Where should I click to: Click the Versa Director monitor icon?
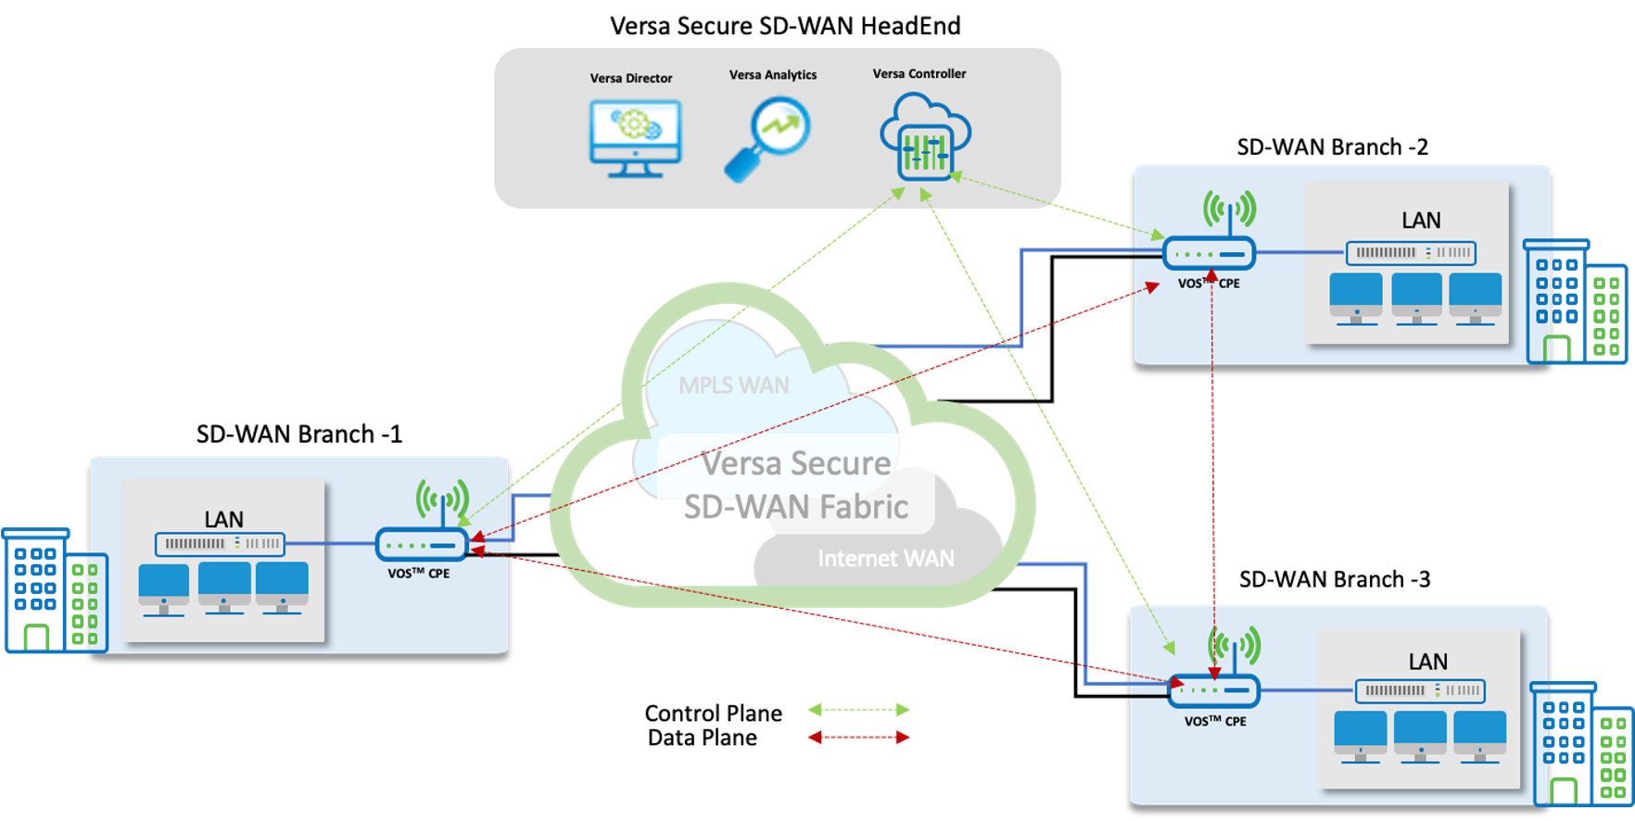[635, 138]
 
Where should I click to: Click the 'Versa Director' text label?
[631, 78]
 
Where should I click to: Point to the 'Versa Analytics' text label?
[773, 75]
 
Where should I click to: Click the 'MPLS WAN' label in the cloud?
[734, 385]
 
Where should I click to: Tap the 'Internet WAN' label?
[885, 559]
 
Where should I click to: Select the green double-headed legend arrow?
[858, 710]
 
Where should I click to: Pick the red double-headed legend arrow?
[858, 738]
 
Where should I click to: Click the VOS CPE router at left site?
[422, 545]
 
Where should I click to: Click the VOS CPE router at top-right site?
[1209, 253]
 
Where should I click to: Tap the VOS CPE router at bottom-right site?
[1214, 690]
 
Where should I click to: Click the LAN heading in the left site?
[223, 519]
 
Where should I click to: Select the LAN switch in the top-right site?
[1411, 252]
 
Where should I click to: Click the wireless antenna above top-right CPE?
[1229, 209]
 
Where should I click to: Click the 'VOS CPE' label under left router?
[419, 574]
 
